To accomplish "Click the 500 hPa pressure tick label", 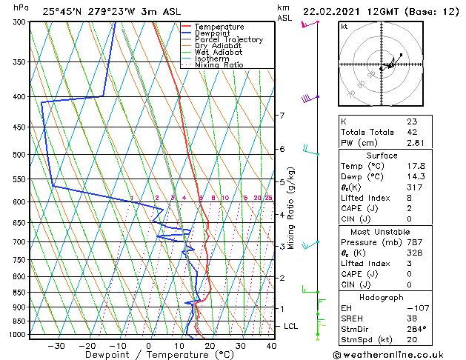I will (16, 155).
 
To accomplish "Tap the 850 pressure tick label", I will (16, 293).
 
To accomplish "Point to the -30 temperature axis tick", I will (56, 346).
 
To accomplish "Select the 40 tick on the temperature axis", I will (271, 346).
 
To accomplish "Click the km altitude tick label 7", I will (282, 116).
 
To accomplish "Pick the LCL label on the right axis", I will (291, 326).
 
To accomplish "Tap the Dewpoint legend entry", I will (213, 33).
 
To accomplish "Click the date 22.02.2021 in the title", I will (333, 12).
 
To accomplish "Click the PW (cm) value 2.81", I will (416, 143).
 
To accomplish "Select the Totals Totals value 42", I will (412, 132).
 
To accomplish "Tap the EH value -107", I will (416, 307).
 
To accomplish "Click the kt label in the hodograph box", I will (344, 27).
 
